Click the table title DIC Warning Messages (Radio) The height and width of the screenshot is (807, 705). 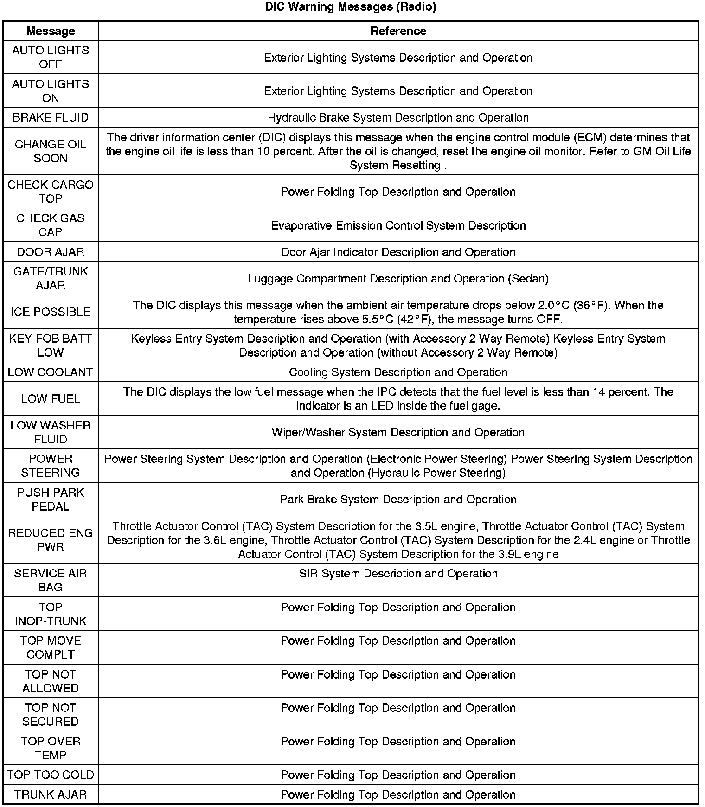(351, 7)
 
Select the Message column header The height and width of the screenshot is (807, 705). (51, 31)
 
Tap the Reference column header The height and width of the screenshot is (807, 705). (398, 31)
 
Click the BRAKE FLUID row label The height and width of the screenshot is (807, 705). (51, 117)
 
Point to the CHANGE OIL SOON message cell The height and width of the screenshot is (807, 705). (51, 151)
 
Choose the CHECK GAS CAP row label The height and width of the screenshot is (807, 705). (51, 225)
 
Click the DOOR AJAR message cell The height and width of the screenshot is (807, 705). (51, 252)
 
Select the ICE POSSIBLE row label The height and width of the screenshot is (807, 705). (51, 312)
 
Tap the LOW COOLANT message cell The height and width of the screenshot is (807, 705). (51, 372)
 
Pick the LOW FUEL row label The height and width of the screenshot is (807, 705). (51, 399)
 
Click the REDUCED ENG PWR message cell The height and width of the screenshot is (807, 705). (51, 540)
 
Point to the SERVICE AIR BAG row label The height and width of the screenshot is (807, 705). (51, 580)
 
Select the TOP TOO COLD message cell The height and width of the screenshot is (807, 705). (51, 775)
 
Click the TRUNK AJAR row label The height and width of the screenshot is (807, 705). (51, 794)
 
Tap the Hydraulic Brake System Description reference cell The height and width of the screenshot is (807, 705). (398, 117)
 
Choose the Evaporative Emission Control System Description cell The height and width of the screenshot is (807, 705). (398, 225)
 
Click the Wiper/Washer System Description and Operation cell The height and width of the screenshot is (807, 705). (398, 432)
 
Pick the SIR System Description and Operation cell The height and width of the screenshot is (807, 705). (398, 574)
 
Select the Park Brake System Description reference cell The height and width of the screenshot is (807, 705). (398, 500)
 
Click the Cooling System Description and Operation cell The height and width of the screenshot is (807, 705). (398, 372)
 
